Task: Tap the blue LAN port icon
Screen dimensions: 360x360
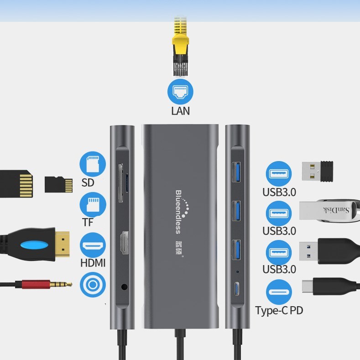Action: [180, 91]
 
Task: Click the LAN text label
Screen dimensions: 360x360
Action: [180, 111]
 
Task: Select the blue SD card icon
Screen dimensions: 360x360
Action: [93, 164]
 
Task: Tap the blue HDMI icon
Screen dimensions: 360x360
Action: [93, 246]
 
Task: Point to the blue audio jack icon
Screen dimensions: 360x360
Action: [93, 285]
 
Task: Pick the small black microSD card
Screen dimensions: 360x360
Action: [58, 184]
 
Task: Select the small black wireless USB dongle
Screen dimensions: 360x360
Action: [318, 171]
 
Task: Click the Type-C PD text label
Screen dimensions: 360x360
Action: [279, 311]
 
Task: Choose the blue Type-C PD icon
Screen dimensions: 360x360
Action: [279, 292]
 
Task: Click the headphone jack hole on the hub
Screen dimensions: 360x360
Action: [124, 287]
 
